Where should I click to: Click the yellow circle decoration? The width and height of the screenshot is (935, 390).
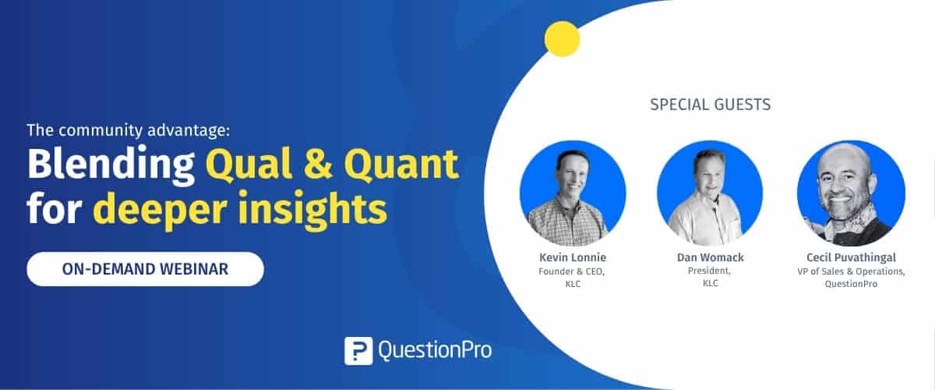(562, 39)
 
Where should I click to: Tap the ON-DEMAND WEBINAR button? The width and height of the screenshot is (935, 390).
(145, 269)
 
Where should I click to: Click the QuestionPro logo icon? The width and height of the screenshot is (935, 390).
(358, 351)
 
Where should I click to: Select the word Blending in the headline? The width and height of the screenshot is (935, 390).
(111, 165)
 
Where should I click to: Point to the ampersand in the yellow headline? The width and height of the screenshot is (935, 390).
(318, 164)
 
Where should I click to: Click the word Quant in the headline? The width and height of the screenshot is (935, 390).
(401, 165)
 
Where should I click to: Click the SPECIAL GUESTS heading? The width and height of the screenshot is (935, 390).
(710, 105)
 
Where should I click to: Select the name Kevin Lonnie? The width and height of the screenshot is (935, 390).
(572, 257)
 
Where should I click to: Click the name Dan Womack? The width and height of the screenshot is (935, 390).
(710, 257)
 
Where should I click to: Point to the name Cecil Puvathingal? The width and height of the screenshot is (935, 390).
(851, 257)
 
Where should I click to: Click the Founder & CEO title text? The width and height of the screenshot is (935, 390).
(571, 271)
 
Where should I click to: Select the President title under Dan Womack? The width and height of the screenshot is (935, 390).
(709, 271)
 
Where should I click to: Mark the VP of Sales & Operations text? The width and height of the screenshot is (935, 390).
(851, 271)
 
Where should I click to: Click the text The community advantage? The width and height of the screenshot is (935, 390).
(129, 130)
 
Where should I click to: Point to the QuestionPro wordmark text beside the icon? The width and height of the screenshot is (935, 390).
(435, 351)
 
